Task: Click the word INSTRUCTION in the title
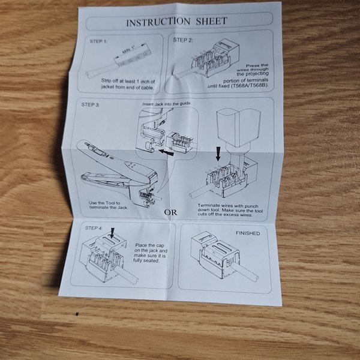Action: pos(158,22)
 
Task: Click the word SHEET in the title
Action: pos(211,21)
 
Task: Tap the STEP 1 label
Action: pos(98,41)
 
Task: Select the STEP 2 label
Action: pos(183,40)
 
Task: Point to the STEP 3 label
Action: pos(91,104)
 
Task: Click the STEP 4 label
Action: pos(94,228)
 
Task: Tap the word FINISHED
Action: pos(248,233)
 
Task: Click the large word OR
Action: pos(170,212)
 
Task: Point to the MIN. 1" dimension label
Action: pos(128,50)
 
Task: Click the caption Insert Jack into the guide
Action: pos(167,104)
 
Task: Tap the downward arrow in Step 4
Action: pos(112,233)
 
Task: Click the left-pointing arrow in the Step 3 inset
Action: pos(166,152)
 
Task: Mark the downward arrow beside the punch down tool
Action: pos(218,154)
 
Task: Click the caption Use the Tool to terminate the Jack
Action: pos(109,205)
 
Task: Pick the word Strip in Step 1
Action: pos(106,81)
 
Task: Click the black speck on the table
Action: pos(77,313)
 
